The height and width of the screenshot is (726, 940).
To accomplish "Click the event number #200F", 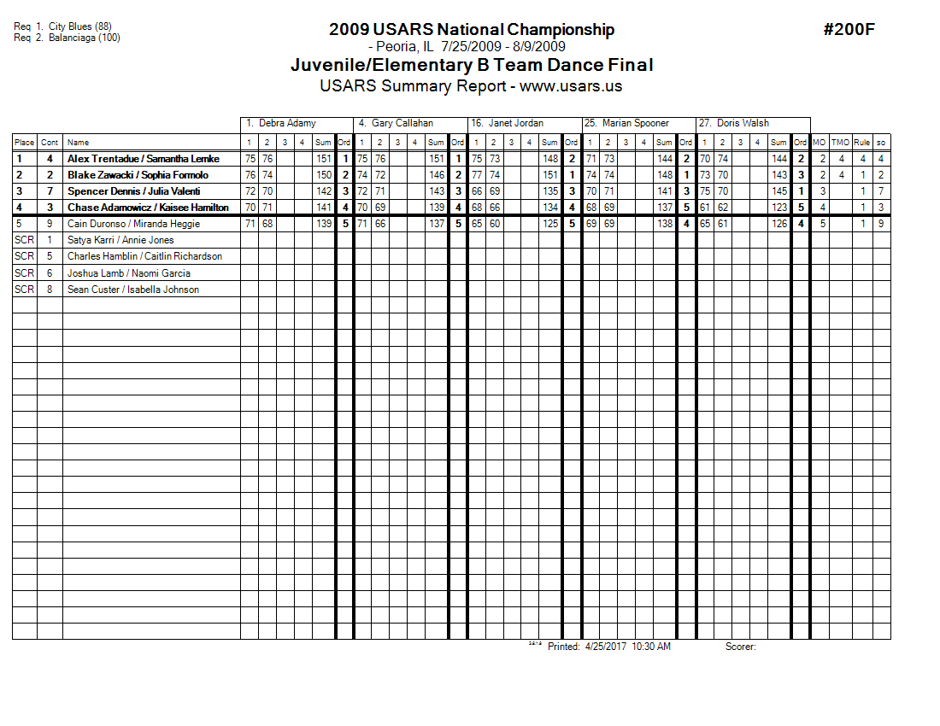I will pos(849,30).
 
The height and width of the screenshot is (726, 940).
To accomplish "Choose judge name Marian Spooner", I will pos(635,123).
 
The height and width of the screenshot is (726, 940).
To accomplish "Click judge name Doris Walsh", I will pos(744,123).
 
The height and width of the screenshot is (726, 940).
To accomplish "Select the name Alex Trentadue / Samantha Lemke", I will pos(143,159).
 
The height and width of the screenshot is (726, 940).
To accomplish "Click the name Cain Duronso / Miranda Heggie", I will pos(133,224).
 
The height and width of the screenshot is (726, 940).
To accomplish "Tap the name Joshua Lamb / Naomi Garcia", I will pos(128,273).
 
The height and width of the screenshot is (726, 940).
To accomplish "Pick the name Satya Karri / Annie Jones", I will pos(120,240).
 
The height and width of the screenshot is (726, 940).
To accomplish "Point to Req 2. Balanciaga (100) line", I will pos(67,38).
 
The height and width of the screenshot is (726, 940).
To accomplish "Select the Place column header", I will pos(24,143).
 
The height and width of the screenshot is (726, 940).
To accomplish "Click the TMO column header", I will pos(841,143).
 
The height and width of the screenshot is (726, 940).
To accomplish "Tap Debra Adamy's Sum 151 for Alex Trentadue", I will pos(323,159).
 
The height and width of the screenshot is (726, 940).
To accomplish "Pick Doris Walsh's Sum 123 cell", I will pos(778,208).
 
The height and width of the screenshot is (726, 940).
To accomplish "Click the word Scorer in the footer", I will pos(740,647).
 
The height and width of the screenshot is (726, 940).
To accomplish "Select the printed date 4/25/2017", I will pos(606,647).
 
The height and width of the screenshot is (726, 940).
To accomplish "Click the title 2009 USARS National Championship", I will pos(471,30).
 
